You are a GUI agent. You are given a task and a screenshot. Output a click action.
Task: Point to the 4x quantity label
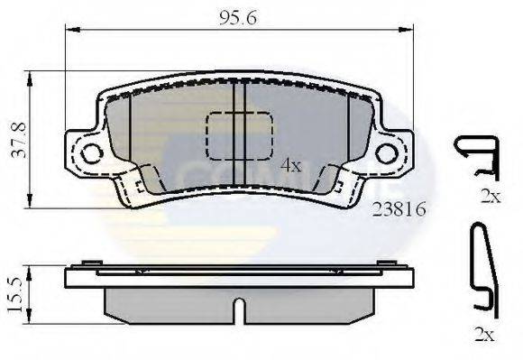click(x=289, y=165)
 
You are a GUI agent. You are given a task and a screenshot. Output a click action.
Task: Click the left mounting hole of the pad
click(x=90, y=153)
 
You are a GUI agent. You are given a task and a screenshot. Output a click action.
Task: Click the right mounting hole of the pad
click(x=387, y=153)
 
